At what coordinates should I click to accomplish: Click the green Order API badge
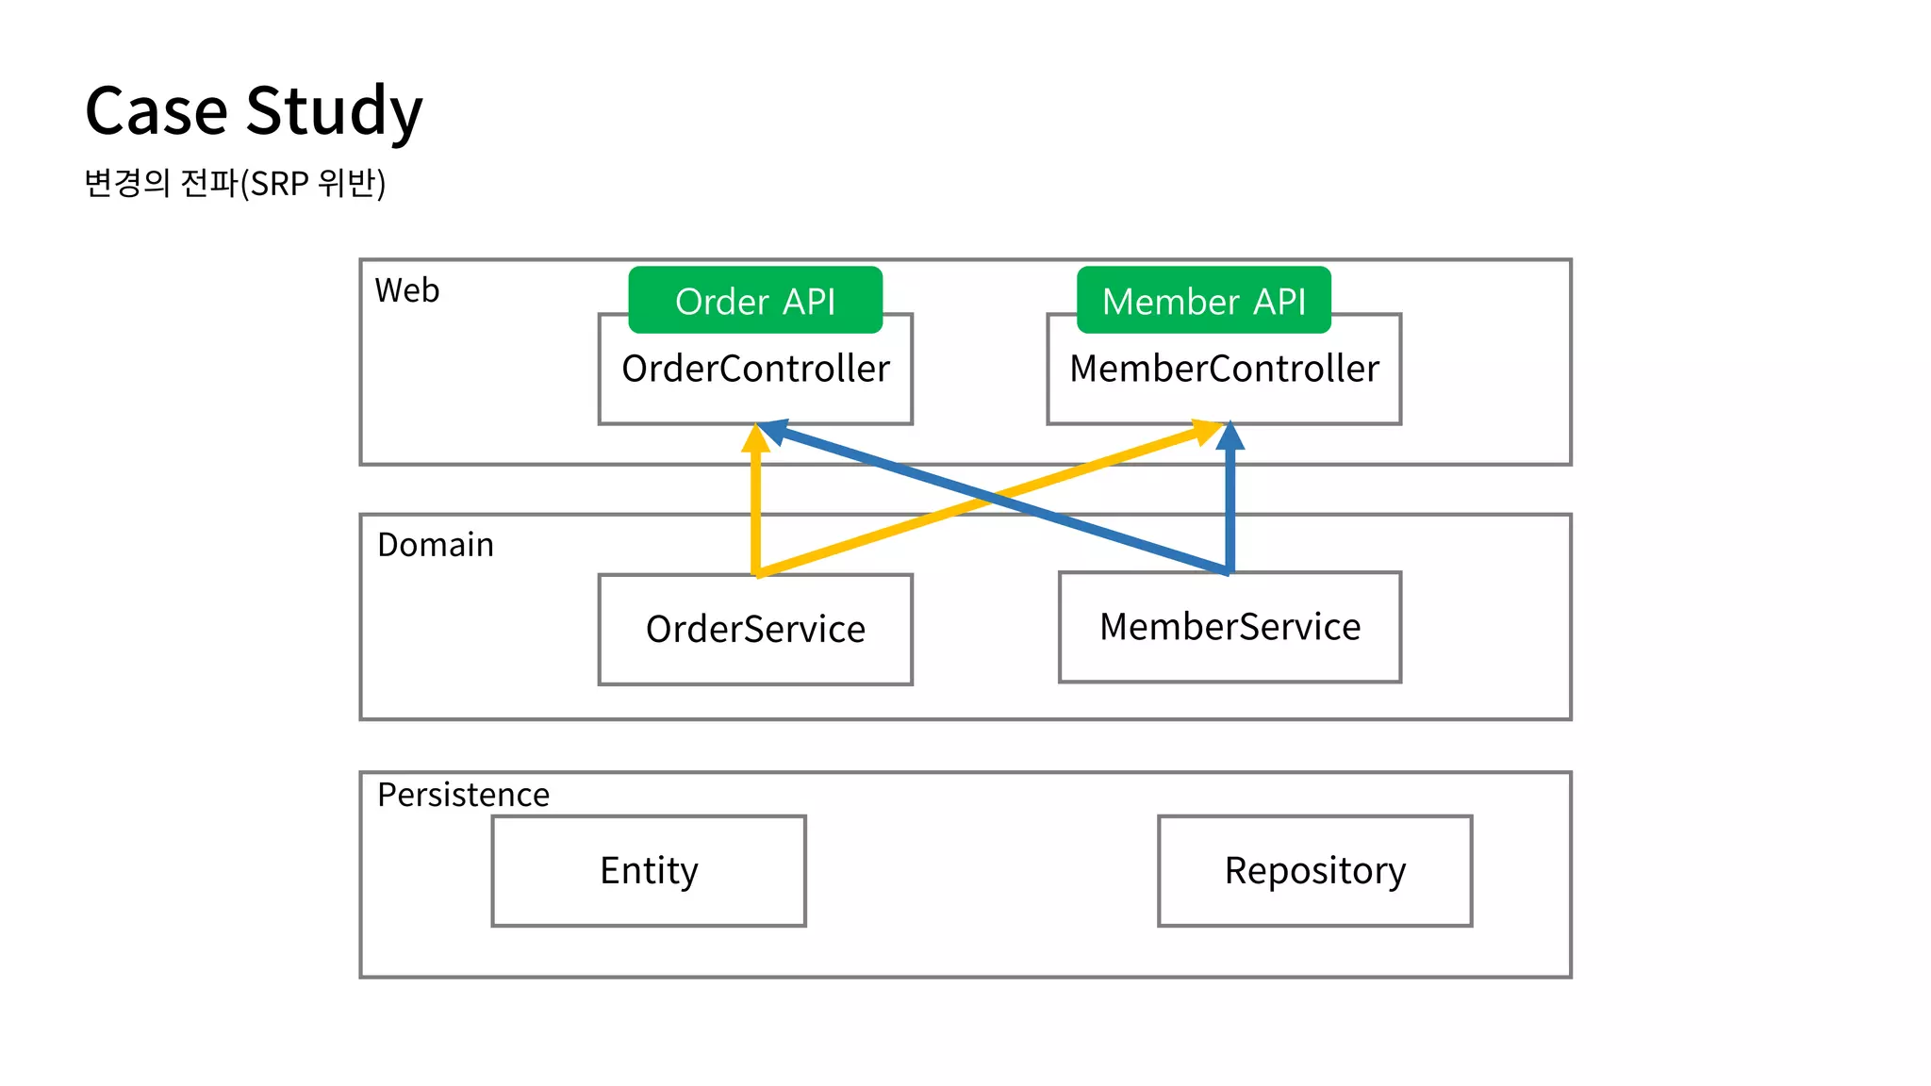tap(755, 301)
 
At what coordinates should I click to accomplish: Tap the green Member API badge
tap(1203, 301)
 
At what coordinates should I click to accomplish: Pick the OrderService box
tap(755, 630)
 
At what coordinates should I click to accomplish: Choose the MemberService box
tap(1230, 627)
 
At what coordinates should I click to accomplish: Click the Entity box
tap(649, 870)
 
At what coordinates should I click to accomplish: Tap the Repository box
tap(1314, 870)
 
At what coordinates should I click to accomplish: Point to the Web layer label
tap(406, 290)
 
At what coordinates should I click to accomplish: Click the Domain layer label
tap(435, 545)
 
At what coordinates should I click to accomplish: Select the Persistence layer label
tap(463, 795)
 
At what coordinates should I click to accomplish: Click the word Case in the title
tap(156, 111)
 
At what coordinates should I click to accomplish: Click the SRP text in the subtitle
tap(279, 184)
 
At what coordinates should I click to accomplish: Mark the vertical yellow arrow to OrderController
tap(755, 509)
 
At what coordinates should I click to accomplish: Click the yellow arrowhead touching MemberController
tap(1206, 432)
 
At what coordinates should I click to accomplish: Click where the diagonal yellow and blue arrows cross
tap(991, 500)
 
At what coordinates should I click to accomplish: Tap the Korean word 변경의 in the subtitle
tap(126, 183)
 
